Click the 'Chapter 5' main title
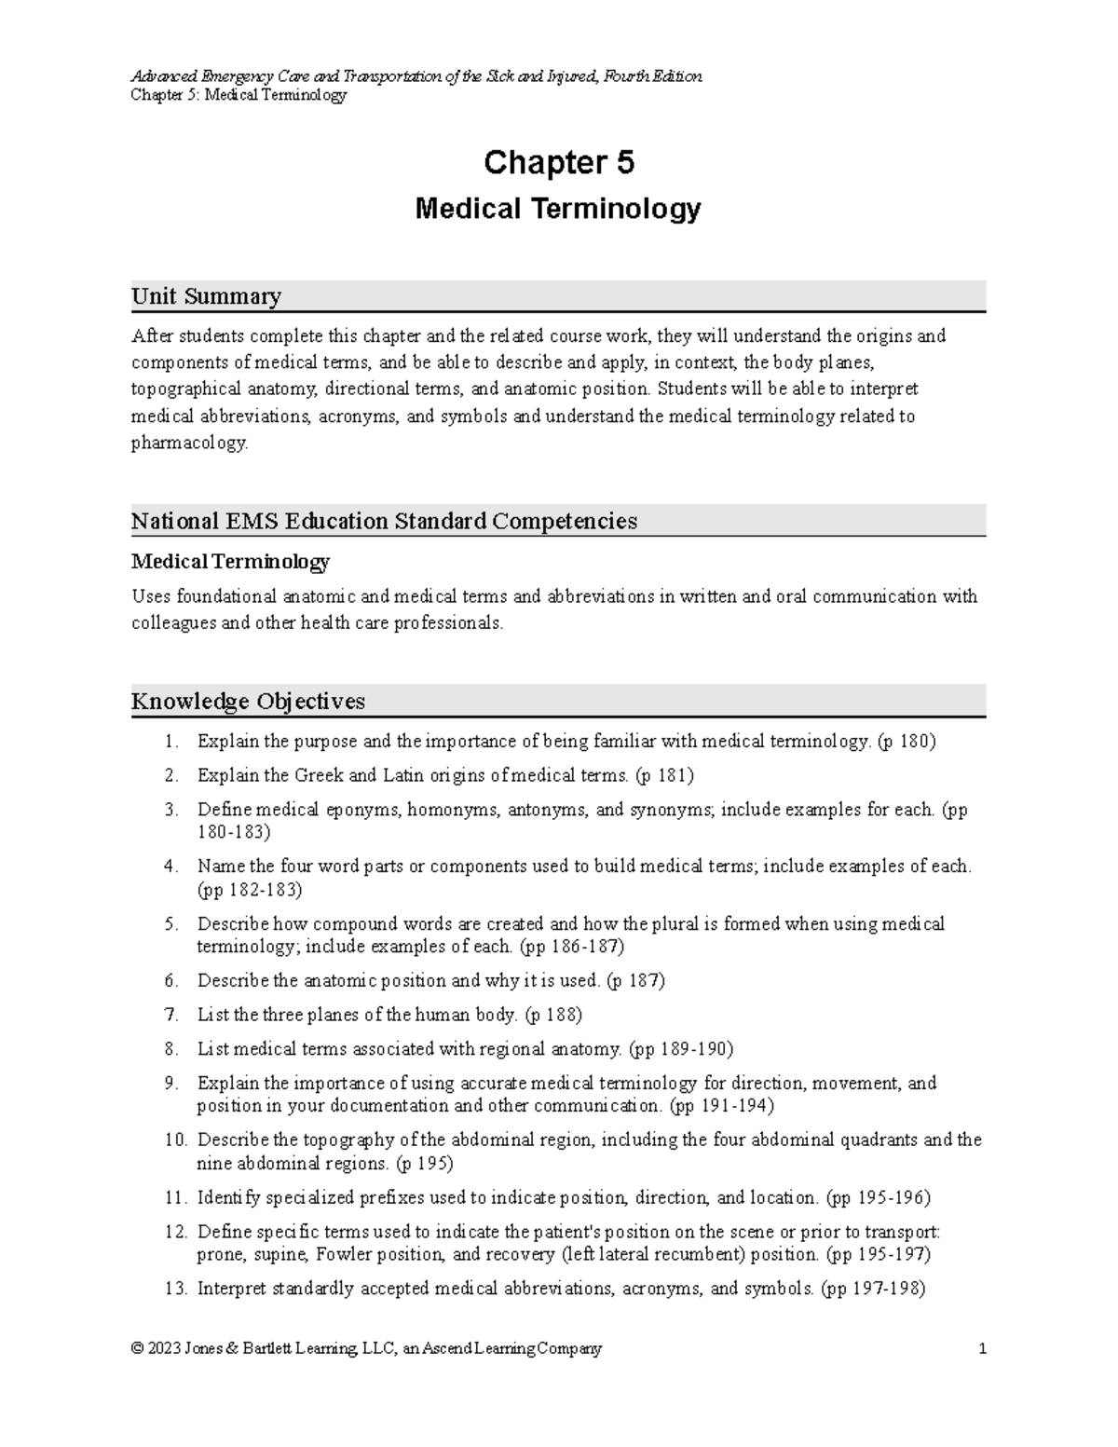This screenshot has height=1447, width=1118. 558,163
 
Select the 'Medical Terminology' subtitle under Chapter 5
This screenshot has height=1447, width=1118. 558,209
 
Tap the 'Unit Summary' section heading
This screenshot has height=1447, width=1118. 206,296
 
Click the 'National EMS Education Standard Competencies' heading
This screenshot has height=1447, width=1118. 384,521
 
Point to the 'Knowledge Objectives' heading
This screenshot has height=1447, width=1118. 248,701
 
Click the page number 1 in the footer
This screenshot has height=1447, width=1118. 982,1348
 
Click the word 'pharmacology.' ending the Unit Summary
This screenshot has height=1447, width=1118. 190,444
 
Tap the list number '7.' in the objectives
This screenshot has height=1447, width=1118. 170,1015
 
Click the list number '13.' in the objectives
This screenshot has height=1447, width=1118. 175,1289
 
